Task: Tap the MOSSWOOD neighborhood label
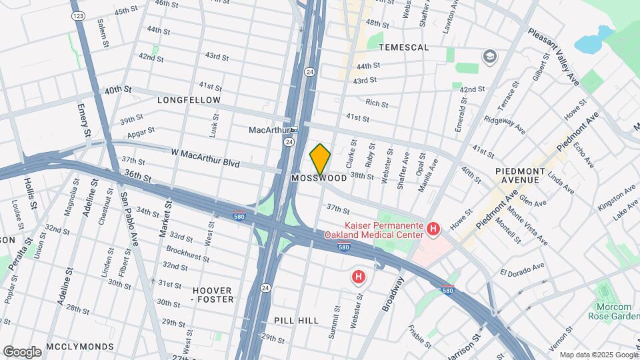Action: click(x=319, y=179)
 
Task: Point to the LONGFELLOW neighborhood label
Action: click(x=189, y=100)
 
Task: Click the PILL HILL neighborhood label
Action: click(x=296, y=321)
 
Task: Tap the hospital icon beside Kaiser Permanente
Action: click(x=433, y=230)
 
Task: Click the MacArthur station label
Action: click(x=271, y=129)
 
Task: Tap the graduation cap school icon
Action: click(x=490, y=56)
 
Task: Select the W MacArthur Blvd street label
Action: click(x=205, y=157)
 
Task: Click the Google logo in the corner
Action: click(x=22, y=351)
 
